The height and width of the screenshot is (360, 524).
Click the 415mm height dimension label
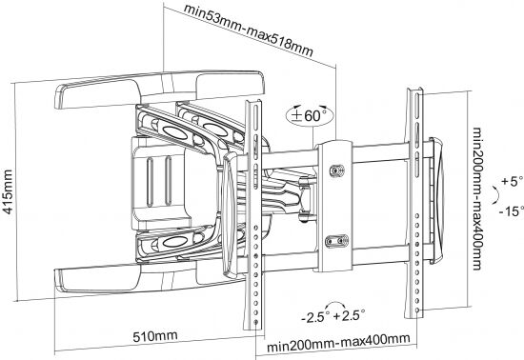[x=8, y=191]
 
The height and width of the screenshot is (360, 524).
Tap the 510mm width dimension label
[x=155, y=335]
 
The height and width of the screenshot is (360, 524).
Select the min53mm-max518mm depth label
[x=249, y=30]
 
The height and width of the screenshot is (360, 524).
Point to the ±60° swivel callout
[x=310, y=115]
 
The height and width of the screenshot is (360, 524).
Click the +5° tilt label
[x=512, y=181]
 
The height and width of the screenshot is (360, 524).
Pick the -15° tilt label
[x=512, y=210]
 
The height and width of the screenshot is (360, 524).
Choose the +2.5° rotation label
[x=349, y=314]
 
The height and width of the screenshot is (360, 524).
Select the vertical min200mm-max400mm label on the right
[x=477, y=199]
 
